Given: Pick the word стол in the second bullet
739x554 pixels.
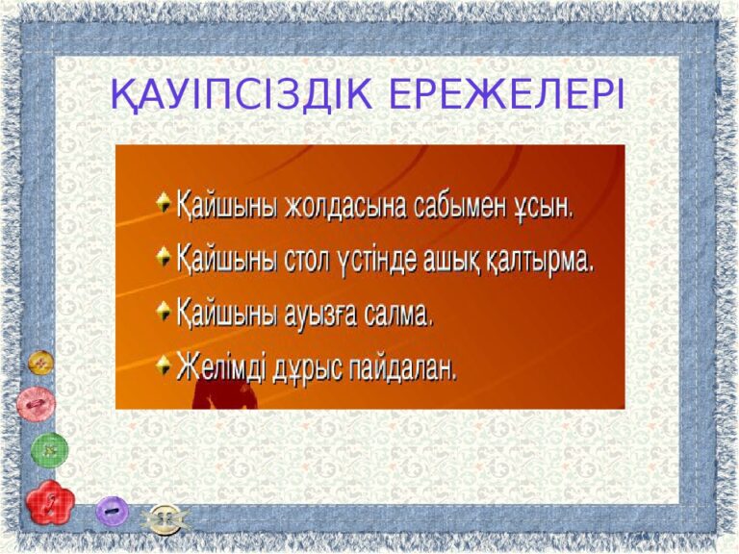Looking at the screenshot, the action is [x=307, y=261].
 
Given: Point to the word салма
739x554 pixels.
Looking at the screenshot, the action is [x=398, y=313].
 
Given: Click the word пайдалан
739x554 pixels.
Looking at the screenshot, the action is [x=403, y=366].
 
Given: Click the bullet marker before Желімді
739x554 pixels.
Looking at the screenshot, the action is [x=163, y=365].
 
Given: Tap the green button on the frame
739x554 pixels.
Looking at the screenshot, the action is [x=49, y=450].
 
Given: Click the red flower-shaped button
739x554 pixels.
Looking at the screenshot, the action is [x=50, y=503].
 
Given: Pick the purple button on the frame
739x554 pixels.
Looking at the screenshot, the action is [x=113, y=511].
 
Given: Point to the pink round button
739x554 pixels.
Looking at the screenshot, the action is [x=37, y=404].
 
